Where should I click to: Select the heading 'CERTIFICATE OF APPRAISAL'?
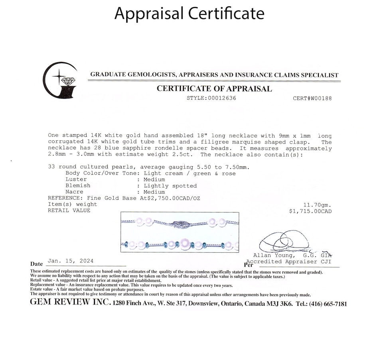pyautogui.click(x=214, y=89)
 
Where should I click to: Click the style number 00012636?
pyautogui.click(x=221, y=98)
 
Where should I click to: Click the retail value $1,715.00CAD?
pyautogui.click(x=310, y=211)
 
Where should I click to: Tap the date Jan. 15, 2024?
pyautogui.click(x=71, y=261)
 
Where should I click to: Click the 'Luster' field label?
pyautogui.click(x=76, y=180)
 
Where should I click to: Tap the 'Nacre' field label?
pyautogui.click(x=74, y=192)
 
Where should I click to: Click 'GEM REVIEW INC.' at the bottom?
pyautogui.click(x=70, y=303)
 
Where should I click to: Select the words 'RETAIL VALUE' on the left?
pyautogui.click(x=69, y=210)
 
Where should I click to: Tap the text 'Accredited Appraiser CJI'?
pyautogui.click(x=288, y=262)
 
